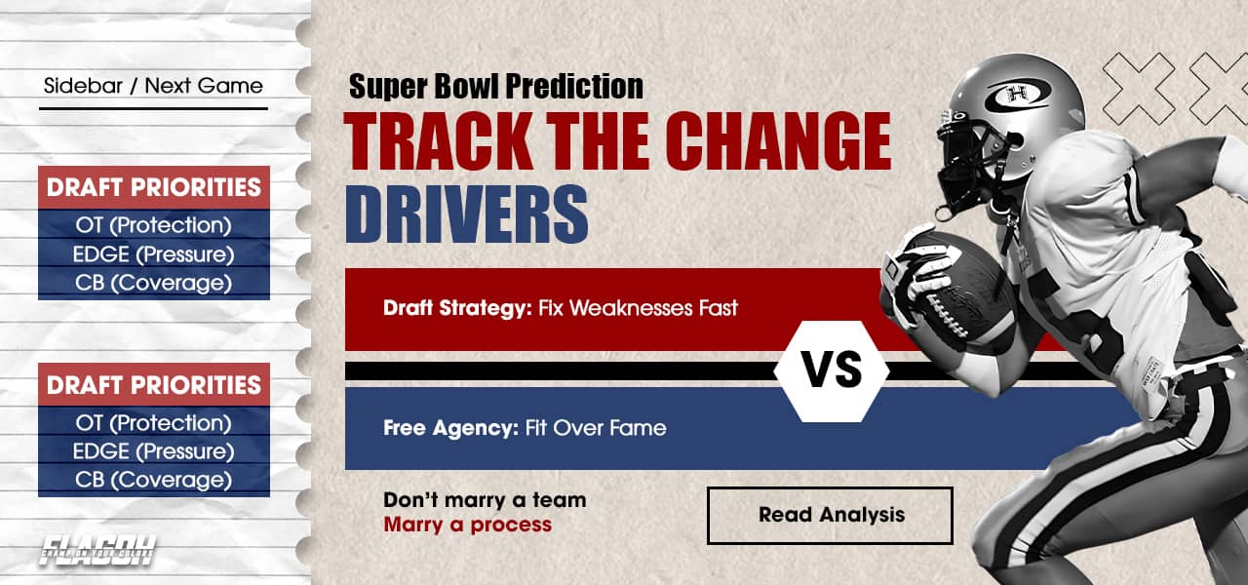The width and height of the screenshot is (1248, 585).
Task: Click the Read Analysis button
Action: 830,515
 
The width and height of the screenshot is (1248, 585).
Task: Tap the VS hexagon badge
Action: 831,370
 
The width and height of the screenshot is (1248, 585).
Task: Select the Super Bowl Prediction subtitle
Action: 495,87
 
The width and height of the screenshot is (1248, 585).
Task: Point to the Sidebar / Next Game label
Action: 153,86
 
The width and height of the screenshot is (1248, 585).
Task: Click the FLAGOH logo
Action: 97,552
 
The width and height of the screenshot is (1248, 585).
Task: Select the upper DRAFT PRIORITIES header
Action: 154,188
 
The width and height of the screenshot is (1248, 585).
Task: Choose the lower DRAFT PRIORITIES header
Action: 154,385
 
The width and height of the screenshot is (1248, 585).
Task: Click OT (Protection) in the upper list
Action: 154,225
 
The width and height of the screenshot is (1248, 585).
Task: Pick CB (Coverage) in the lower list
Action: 154,480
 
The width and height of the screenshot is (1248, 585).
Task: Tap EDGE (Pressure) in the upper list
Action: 154,254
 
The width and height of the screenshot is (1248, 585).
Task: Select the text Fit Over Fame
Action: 596,427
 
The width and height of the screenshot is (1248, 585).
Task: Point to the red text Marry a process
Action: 467,525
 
